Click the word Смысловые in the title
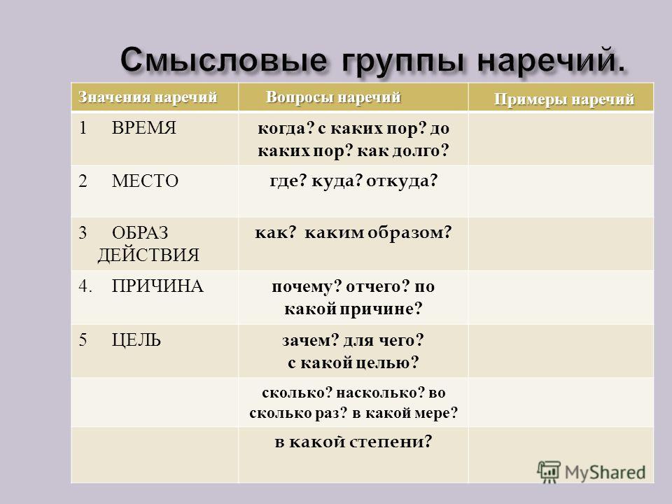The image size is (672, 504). (223, 59)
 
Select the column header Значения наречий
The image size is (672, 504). (148, 97)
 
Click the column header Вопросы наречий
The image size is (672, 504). (333, 97)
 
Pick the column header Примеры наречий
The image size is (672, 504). (564, 99)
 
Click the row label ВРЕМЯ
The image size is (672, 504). (144, 127)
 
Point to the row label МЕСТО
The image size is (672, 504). (145, 181)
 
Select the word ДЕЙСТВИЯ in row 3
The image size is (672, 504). (148, 255)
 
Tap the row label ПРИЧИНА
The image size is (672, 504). (157, 286)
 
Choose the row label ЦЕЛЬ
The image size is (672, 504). (136, 340)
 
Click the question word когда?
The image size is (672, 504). (286, 128)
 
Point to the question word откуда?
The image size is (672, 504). (402, 181)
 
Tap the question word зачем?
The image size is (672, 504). (311, 340)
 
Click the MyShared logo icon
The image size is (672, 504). (549, 472)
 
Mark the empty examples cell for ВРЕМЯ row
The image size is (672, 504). (561, 139)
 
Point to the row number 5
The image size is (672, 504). (83, 340)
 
